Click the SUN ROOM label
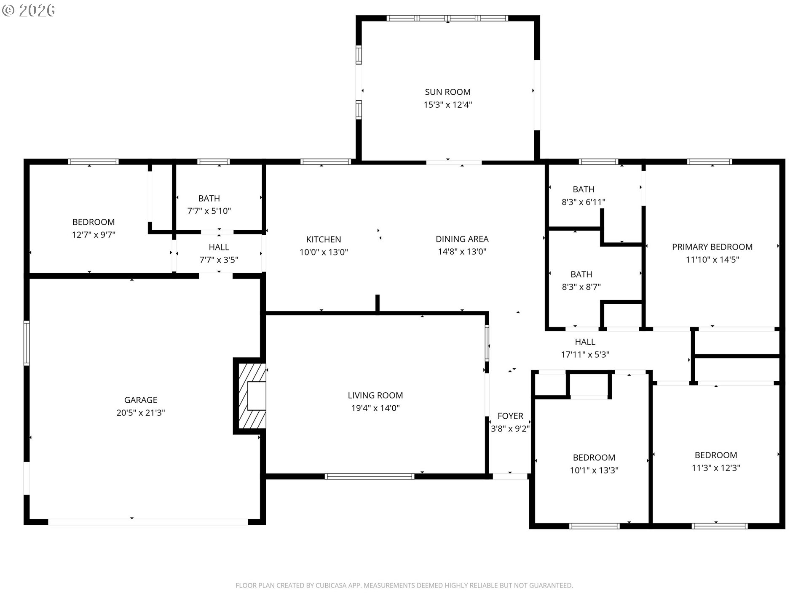click(x=447, y=92)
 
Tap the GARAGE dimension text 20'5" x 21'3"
click(x=141, y=413)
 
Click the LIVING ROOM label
click(x=375, y=395)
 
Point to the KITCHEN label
click(x=324, y=239)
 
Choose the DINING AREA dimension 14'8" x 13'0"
click(x=462, y=252)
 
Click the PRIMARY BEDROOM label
click(x=712, y=247)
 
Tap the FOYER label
click(x=510, y=416)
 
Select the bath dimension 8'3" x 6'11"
click(x=584, y=202)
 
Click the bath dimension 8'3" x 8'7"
click(x=581, y=287)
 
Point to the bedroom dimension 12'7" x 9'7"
click(x=94, y=235)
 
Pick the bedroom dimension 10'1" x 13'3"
click(x=594, y=470)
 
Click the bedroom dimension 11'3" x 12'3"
click(x=716, y=468)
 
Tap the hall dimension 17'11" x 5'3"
click(x=585, y=355)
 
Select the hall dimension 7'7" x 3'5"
click(x=219, y=260)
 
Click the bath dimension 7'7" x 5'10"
click(x=209, y=211)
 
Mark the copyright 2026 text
click(x=29, y=11)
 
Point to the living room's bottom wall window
click(x=370, y=476)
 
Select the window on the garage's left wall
click(x=27, y=343)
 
